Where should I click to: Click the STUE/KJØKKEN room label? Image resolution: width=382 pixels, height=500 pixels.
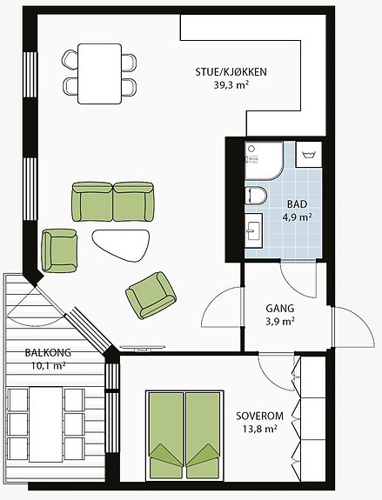point(231,72)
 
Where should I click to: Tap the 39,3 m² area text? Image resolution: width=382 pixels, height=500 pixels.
point(231,85)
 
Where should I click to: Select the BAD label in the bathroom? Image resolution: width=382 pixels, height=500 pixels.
point(297,203)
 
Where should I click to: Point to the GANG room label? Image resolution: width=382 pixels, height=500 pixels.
point(280,309)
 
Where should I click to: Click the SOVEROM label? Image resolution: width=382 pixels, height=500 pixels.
point(260,416)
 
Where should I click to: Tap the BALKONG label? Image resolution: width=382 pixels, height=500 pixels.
point(48,353)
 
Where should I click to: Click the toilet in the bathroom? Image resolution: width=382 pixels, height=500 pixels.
point(256,196)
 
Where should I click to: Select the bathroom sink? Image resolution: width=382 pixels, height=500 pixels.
point(254,230)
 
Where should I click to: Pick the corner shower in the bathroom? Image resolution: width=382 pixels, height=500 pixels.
point(264,161)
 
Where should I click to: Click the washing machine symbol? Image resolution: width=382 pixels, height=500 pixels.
point(308,155)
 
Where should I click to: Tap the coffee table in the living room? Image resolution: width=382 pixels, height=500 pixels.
point(121,245)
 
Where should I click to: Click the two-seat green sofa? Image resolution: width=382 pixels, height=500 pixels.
point(113,202)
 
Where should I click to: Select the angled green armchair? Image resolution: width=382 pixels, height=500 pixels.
point(151,295)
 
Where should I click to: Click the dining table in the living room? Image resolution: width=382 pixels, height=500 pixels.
point(100,74)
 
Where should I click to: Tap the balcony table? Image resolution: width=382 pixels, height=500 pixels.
point(46,424)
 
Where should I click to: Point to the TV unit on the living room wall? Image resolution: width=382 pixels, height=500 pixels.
point(143,348)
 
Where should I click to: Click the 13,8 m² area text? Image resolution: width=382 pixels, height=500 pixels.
point(260,429)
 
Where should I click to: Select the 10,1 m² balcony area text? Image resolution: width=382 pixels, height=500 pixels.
point(48,366)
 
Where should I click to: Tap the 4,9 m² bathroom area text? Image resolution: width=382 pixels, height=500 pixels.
point(297,217)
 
